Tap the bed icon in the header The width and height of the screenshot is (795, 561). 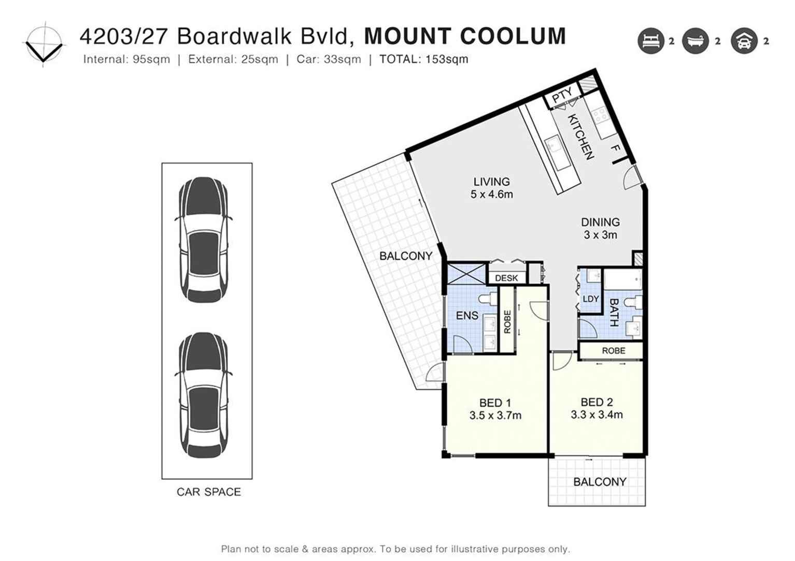click(x=650, y=41)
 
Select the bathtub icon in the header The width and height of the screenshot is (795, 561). click(x=695, y=41)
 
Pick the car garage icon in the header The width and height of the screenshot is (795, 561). click(x=744, y=41)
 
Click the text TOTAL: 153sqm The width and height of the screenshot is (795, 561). click(x=423, y=59)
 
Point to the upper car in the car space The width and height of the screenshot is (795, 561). click(x=204, y=240)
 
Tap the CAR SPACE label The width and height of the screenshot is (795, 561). click(x=208, y=492)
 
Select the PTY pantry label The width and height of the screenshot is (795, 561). click(x=562, y=95)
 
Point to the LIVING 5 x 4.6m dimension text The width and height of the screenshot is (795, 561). click(x=491, y=195)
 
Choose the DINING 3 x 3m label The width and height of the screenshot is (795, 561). click(x=600, y=228)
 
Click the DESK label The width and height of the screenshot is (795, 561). click(x=506, y=278)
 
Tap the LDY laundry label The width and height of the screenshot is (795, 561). click(x=590, y=299)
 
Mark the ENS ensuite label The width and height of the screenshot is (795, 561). click(x=466, y=315)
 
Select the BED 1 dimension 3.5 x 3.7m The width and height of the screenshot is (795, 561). click(x=495, y=415)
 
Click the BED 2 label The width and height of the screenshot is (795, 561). click(x=597, y=402)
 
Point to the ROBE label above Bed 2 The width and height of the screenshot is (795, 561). click(x=613, y=350)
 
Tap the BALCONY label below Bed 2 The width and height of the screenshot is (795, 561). click(x=600, y=482)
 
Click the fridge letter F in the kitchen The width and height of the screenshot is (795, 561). click(x=616, y=149)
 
